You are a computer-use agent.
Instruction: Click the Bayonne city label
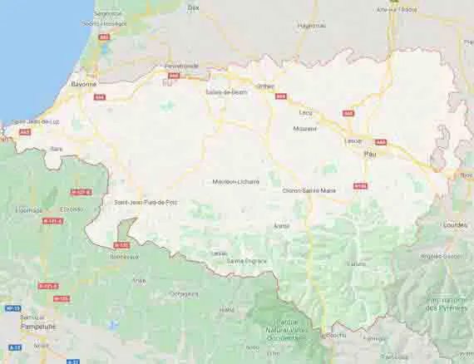coord(83,84)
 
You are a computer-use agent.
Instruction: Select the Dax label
coord(194,7)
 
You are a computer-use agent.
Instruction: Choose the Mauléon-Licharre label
coord(236,181)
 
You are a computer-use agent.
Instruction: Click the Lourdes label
coord(456,225)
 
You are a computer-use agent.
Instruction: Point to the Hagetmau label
coord(311,26)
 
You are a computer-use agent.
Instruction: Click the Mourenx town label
coord(305,129)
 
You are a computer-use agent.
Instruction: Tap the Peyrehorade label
coord(181,65)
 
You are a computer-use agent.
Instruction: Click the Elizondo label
coord(70,209)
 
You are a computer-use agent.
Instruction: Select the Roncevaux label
coord(125,257)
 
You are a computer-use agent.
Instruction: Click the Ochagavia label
coord(184,293)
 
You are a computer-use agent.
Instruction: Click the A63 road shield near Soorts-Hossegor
coord(104,37)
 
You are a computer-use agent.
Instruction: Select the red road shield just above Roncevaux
coord(121,245)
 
